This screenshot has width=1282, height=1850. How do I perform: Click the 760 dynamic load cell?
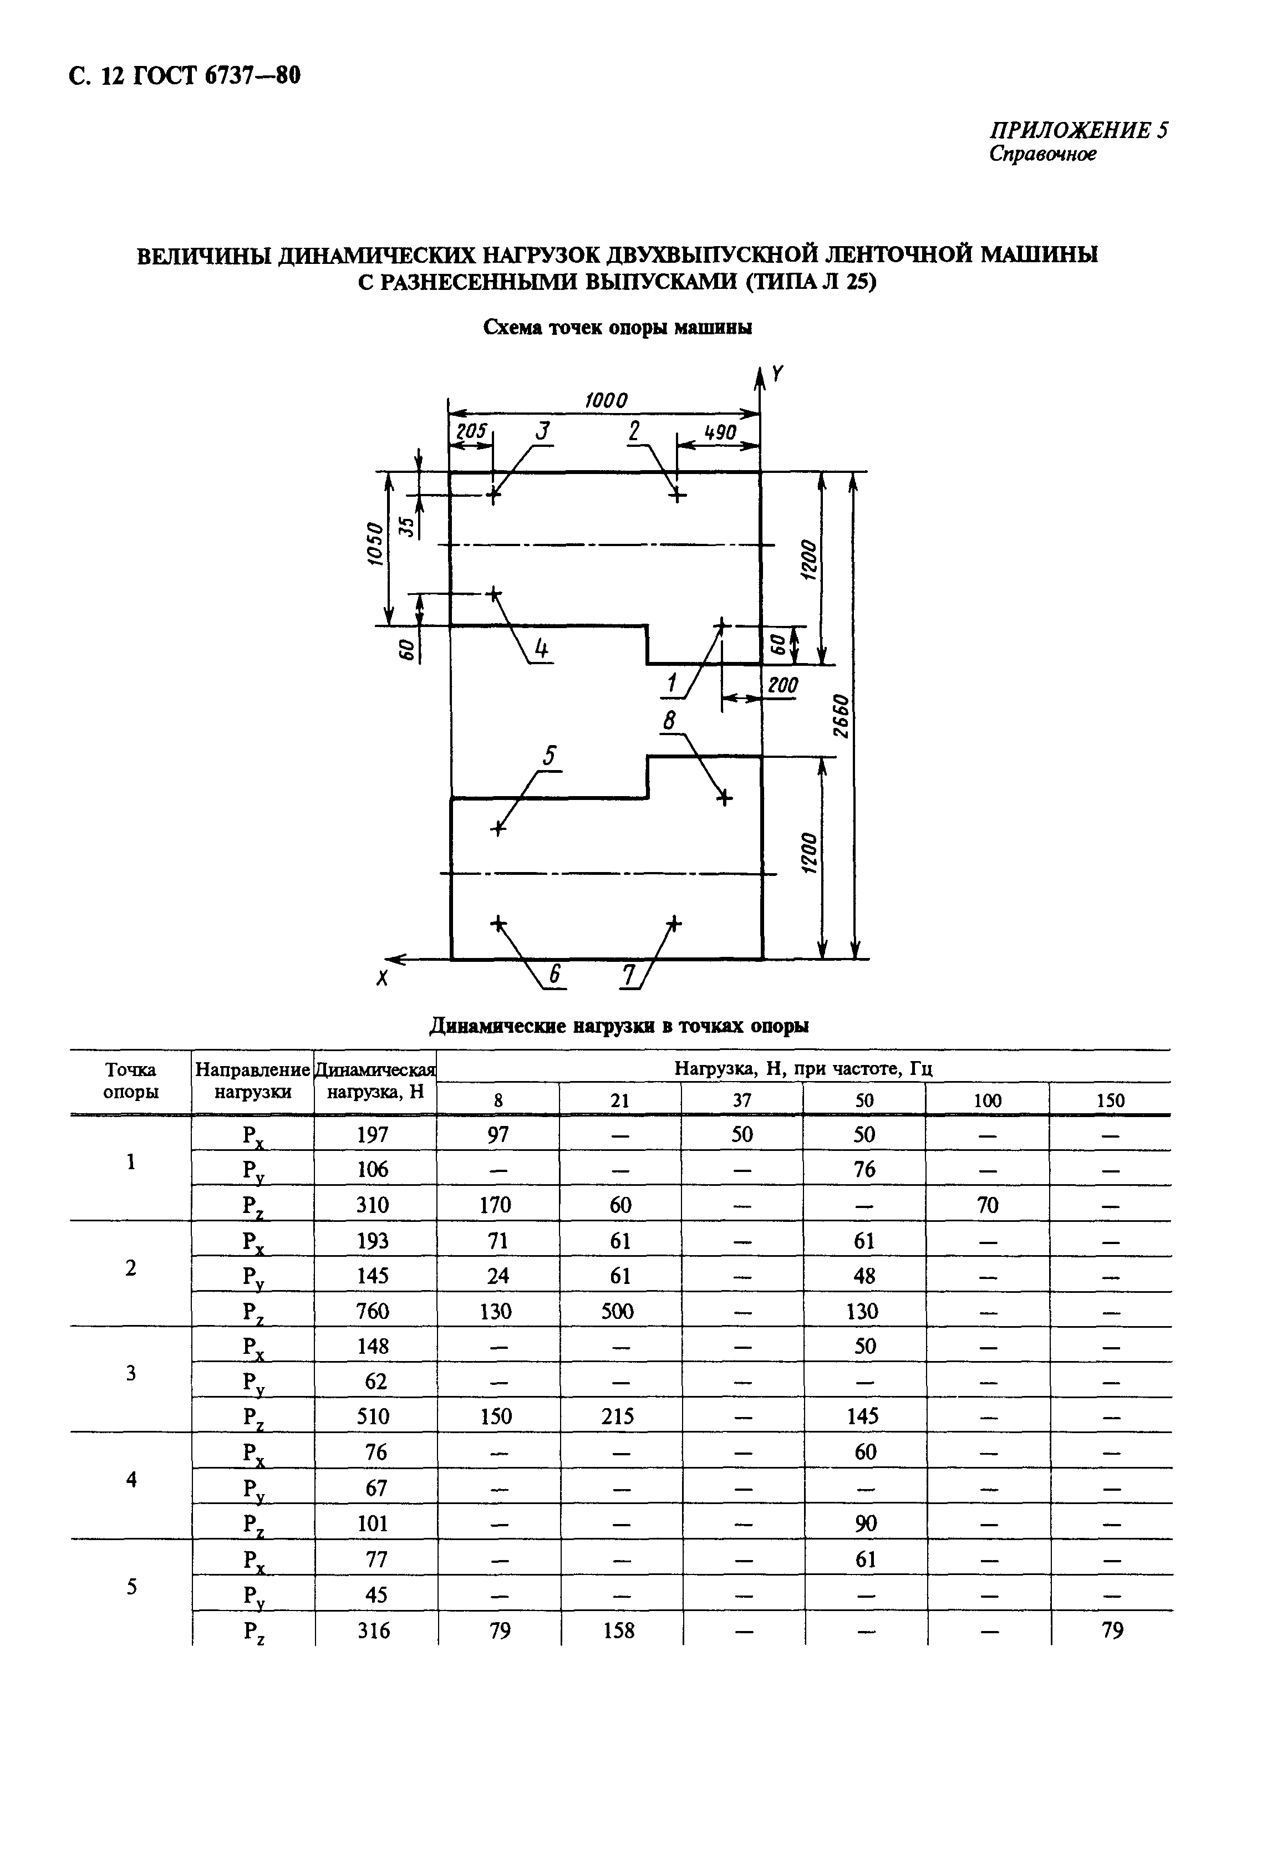[373, 1311]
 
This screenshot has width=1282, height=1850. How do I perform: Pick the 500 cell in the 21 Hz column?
[619, 1311]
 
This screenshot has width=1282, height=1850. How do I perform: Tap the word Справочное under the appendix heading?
[1042, 154]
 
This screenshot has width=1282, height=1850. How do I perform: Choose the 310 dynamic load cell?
[373, 1205]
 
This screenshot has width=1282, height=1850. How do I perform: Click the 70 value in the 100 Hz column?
[987, 1205]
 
